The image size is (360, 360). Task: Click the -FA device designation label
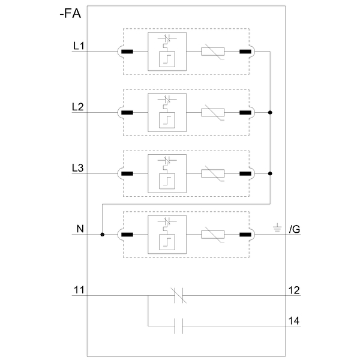tap(70, 13)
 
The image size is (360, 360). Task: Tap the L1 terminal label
tap(79, 46)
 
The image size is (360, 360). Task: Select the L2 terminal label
tap(78, 107)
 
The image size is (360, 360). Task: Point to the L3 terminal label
tap(78, 168)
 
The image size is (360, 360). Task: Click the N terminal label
tap(80, 229)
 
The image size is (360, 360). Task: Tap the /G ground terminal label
tap(295, 229)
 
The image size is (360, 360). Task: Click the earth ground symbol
tap(277, 227)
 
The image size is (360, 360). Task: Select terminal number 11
tap(79, 290)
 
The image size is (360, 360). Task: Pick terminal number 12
tap(294, 290)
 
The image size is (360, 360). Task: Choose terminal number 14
tap(294, 321)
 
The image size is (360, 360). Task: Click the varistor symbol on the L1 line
tap(213, 52)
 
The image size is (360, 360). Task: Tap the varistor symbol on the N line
tap(213, 235)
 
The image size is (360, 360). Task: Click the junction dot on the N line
tap(103, 235)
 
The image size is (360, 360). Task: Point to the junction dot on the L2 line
tap(270, 113)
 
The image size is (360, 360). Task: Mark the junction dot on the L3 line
tap(270, 173)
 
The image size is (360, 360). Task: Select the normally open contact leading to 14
tap(179, 326)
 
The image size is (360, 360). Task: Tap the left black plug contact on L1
tap(127, 52)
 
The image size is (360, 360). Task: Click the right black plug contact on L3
tap(245, 173)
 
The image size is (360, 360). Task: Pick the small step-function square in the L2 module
tap(167, 121)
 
